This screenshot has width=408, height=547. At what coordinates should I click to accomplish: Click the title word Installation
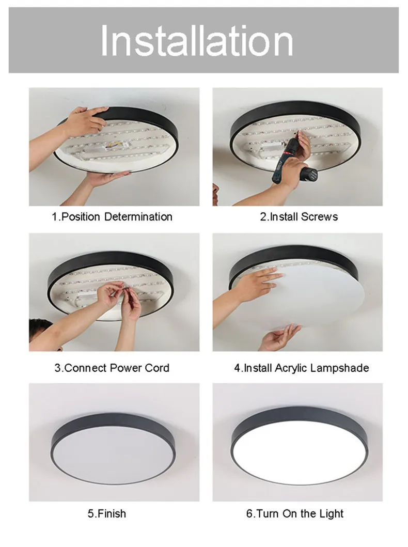pos(197,40)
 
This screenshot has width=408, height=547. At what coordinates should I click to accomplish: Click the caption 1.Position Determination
pos(112,216)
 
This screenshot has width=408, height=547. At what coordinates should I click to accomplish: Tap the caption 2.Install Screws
pos(299,216)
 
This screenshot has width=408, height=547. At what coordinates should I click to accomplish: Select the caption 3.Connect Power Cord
pos(112,368)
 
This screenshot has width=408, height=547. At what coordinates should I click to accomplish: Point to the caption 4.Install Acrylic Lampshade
pos(301,368)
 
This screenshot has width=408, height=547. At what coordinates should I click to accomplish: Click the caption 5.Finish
pos(107,513)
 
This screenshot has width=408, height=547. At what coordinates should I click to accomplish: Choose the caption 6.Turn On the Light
pos(295,513)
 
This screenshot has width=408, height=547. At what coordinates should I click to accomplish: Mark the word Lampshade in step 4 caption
pos(339,368)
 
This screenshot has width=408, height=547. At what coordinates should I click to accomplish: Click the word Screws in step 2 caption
pos(319,216)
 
